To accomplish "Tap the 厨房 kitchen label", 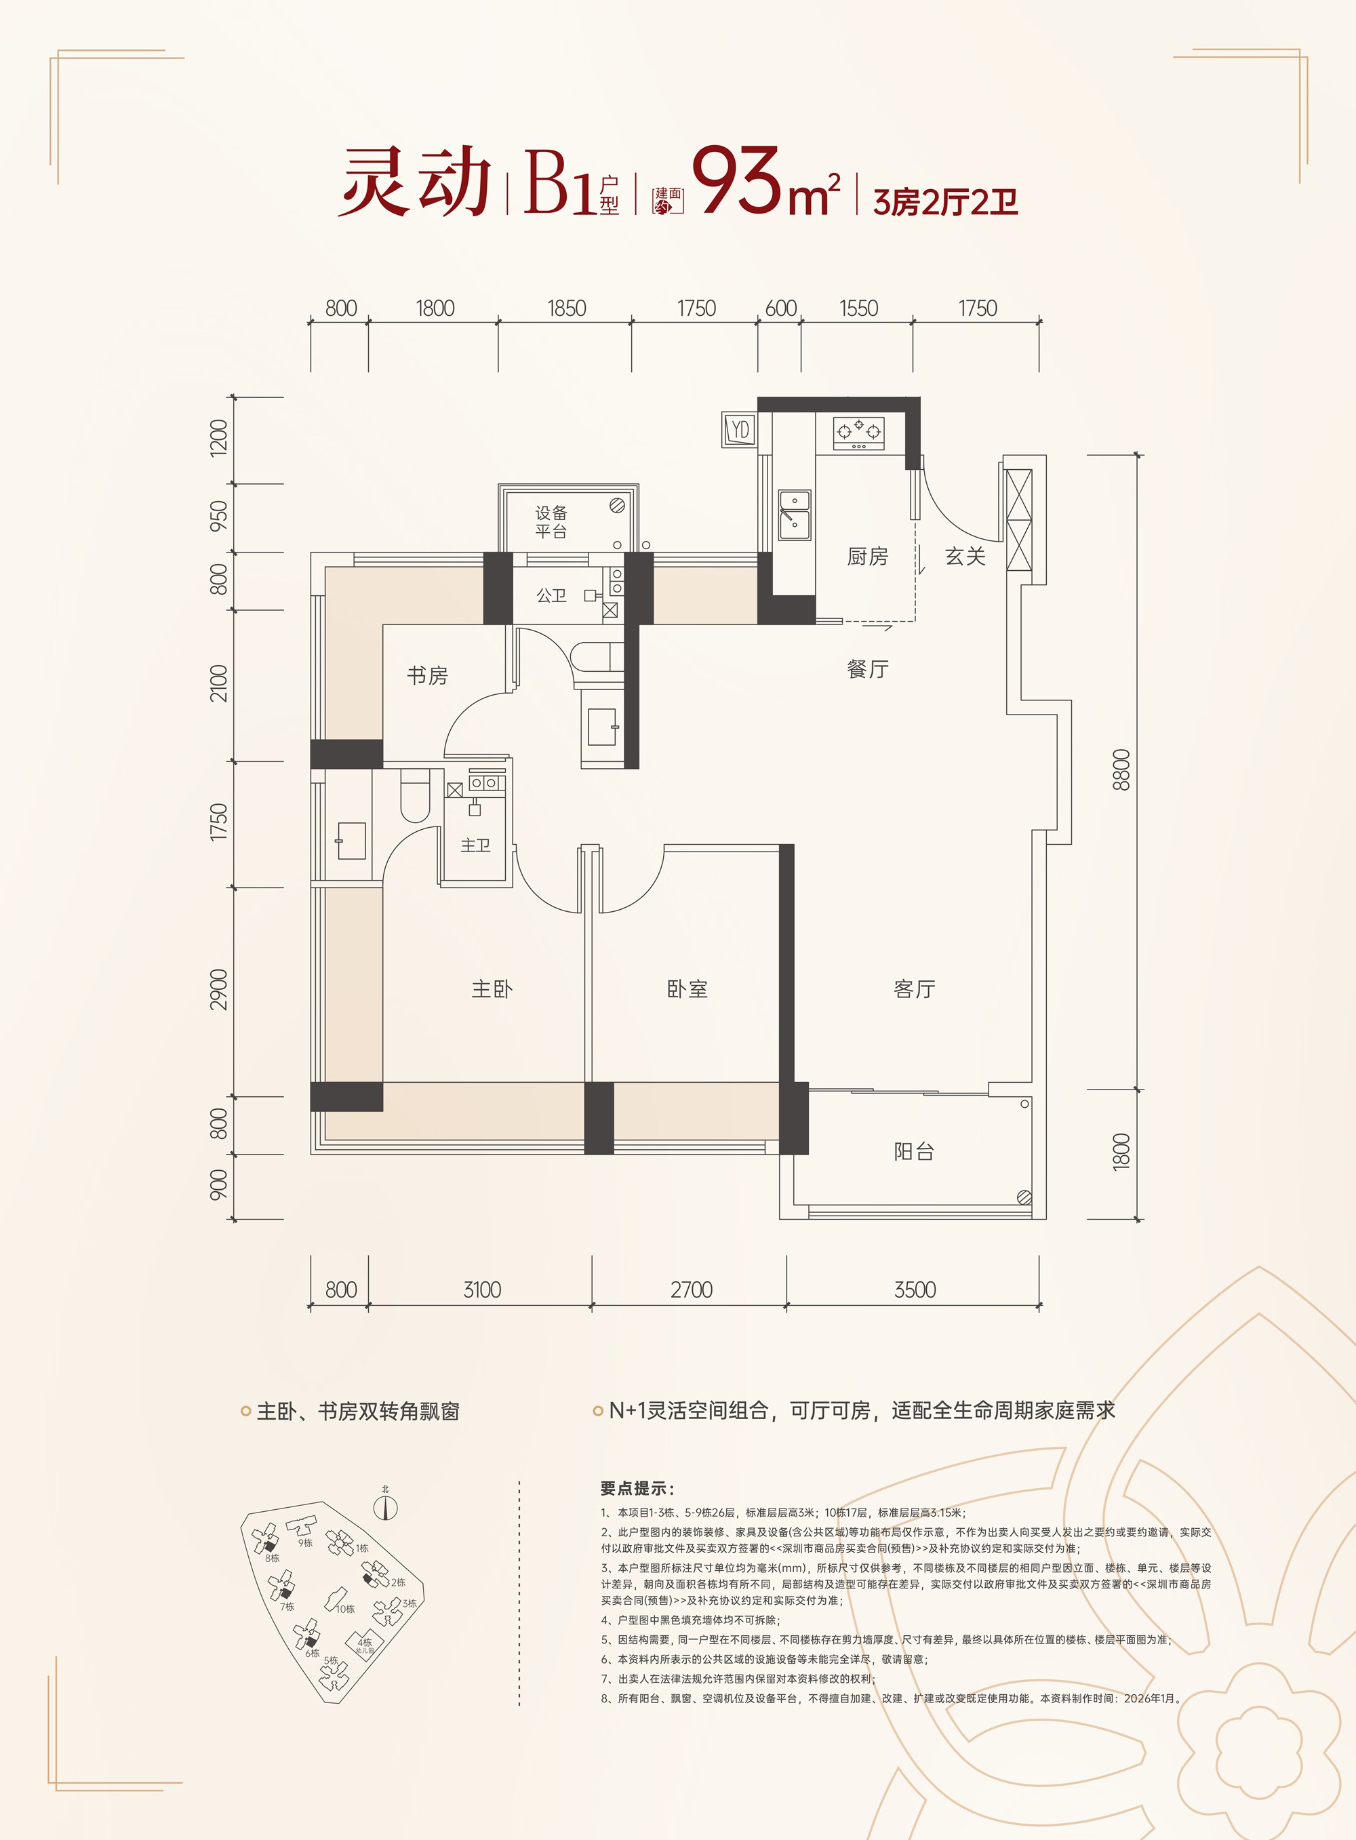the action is pos(868,557).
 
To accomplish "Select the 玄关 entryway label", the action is pos(965,557).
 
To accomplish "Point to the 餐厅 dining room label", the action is pos(868,669).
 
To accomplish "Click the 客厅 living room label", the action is pos(915,989).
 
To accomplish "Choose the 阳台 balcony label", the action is pos(915,1151).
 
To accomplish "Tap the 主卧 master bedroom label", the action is pos(492,989).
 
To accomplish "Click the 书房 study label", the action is pos(428,675).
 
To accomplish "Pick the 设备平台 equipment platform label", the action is pos(552,522).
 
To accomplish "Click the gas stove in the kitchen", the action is pos(858,433).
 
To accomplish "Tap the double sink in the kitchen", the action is pos(795,515).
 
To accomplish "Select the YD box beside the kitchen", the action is pos(740,429).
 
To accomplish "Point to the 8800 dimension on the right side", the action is pos(1121,769).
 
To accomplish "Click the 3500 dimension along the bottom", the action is pos(915,1289).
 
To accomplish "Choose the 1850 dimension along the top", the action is pos(566,308).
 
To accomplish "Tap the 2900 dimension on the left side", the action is pos(218,990).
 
